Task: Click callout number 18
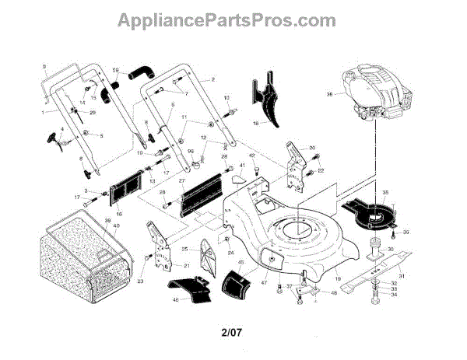[256, 123]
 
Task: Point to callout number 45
[241, 264]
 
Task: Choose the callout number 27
[182, 181]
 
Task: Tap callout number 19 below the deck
[339, 278]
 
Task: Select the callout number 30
[413, 249]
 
